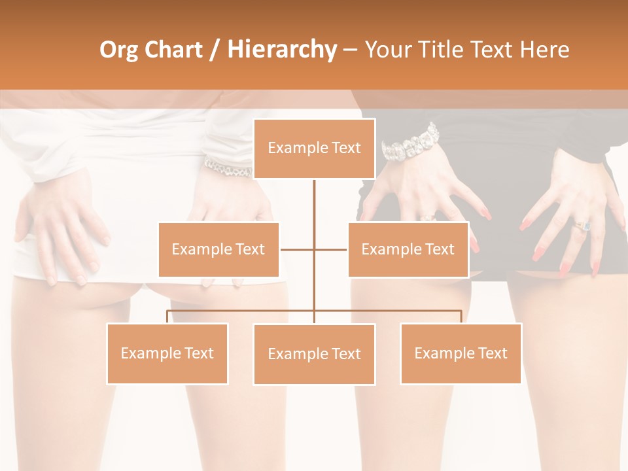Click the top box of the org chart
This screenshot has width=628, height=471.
point(314,148)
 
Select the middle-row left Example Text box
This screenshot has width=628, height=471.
point(218,249)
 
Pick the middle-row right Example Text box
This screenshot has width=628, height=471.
point(408,249)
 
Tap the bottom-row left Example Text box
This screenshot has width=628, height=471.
point(167,353)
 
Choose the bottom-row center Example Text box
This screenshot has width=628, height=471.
point(314,354)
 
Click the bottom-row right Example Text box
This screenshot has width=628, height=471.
point(461,353)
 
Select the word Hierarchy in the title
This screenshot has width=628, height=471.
point(281,50)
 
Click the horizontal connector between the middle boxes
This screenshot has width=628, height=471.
point(314,249)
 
